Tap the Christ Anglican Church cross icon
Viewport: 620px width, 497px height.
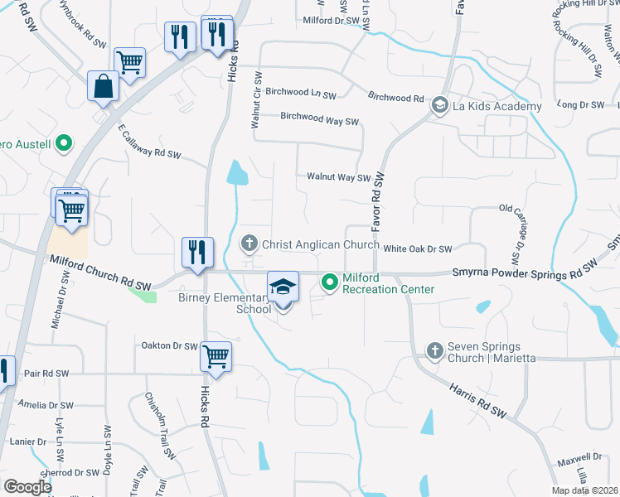coord(248,244)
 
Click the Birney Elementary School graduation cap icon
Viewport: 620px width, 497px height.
coord(283,287)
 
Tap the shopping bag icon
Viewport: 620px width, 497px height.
coord(102,87)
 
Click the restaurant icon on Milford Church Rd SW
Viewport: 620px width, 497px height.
coord(197,252)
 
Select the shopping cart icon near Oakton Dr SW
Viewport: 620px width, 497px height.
coord(216,356)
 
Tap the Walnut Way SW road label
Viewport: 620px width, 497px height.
coord(337,176)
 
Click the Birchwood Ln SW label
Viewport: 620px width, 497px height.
coord(301,93)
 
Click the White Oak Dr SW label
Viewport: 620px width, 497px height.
coord(417,248)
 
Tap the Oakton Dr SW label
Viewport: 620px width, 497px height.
coord(169,345)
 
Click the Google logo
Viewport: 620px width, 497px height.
coord(27,487)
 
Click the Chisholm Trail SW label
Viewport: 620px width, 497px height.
coord(161,426)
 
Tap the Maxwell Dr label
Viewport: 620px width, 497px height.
coord(579,457)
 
